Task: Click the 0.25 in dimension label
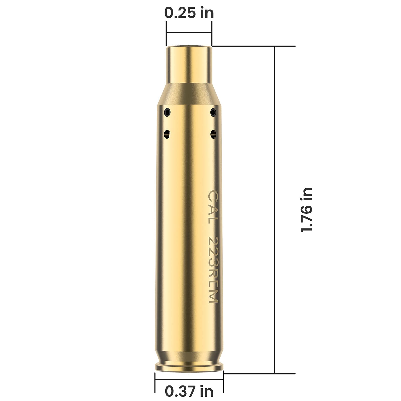[x=189, y=13]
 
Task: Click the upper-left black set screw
[x=167, y=112]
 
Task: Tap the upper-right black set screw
[x=213, y=112]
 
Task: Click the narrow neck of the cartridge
[x=189, y=65]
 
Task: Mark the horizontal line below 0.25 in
[x=189, y=32]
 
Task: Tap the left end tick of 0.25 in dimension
[x=166, y=33]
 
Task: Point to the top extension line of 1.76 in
[x=253, y=46]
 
